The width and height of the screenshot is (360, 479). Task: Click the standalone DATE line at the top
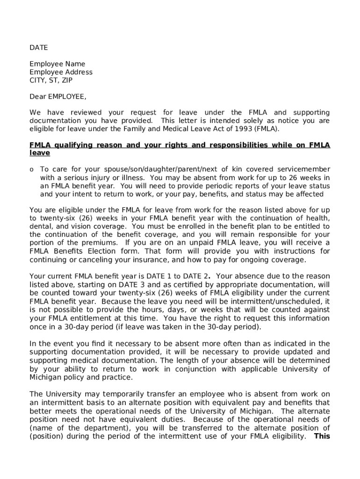point(39,48)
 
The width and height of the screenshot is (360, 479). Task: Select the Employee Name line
point(57,64)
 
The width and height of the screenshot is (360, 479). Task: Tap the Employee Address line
point(61,72)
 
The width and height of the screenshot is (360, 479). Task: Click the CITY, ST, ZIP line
point(51,80)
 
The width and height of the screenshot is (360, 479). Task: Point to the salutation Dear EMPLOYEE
point(58,97)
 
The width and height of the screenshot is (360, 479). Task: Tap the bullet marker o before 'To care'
point(32,169)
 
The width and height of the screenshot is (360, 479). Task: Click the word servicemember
point(304,169)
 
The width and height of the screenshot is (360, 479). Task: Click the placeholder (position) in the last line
point(46,436)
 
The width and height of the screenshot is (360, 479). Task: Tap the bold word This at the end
point(322,436)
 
